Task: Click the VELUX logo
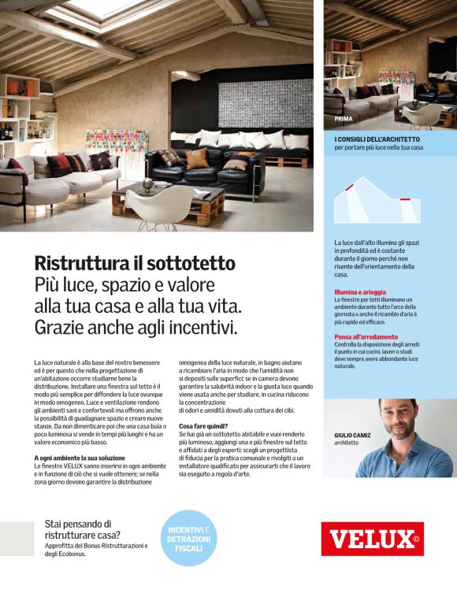372,539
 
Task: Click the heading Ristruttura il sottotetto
135,263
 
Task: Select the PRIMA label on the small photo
344,118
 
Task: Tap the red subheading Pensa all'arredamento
365,337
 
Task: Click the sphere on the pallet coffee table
148,184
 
